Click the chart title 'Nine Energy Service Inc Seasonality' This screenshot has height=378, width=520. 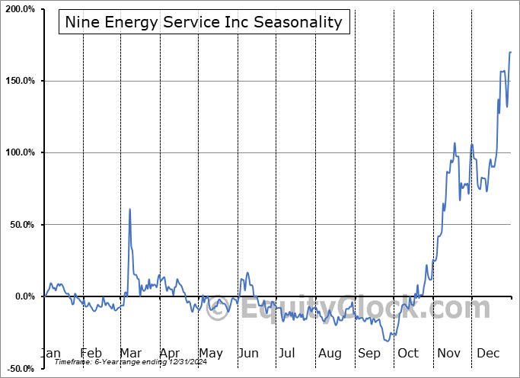click(x=204, y=22)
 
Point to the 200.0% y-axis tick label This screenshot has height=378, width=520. click(x=21, y=10)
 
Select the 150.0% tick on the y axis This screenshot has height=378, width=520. click(x=21, y=82)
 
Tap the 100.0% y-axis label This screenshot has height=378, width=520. click(x=21, y=153)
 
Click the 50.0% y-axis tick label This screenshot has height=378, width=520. click(x=23, y=225)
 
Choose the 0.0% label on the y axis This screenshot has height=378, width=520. click(x=25, y=296)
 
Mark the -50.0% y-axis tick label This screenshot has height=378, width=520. click(x=21, y=369)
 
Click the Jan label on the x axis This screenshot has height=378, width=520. click(x=50, y=354)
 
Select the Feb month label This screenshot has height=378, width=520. click(x=91, y=354)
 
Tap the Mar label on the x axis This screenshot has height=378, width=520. click(x=131, y=354)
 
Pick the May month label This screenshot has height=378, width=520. click(x=210, y=354)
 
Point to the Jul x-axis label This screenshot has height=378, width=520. click(x=287, y=354)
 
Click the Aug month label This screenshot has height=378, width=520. click(x=330, y=354)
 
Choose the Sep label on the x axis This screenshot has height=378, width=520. click(x=369, y=354)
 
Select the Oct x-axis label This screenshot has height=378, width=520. click(x=408, y=354)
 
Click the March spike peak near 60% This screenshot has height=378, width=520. click(x=129, y=209)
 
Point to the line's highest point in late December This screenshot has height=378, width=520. click(x=510, y=52)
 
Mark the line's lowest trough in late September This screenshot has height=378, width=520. click(x=388, y=341)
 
